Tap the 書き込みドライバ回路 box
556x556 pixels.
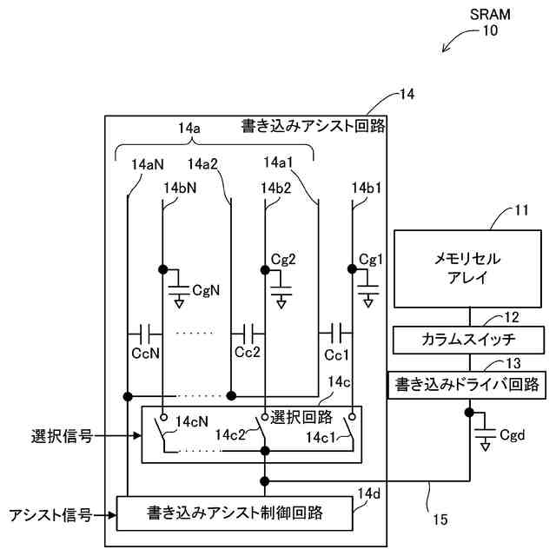(467, 383)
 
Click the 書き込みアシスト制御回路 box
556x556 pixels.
(235, 513)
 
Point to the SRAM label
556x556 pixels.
(491, 15)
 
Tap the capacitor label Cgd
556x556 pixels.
(513, 434)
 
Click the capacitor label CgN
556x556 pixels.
(207, 289)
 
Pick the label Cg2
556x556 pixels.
(283, 259)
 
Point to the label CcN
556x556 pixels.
(144, 355)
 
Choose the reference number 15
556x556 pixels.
(440, 520)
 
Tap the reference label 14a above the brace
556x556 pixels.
(189, 129)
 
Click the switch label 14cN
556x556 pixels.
(190, 422)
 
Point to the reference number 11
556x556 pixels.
(521, 210)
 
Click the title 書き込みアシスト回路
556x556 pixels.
(313, 126)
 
